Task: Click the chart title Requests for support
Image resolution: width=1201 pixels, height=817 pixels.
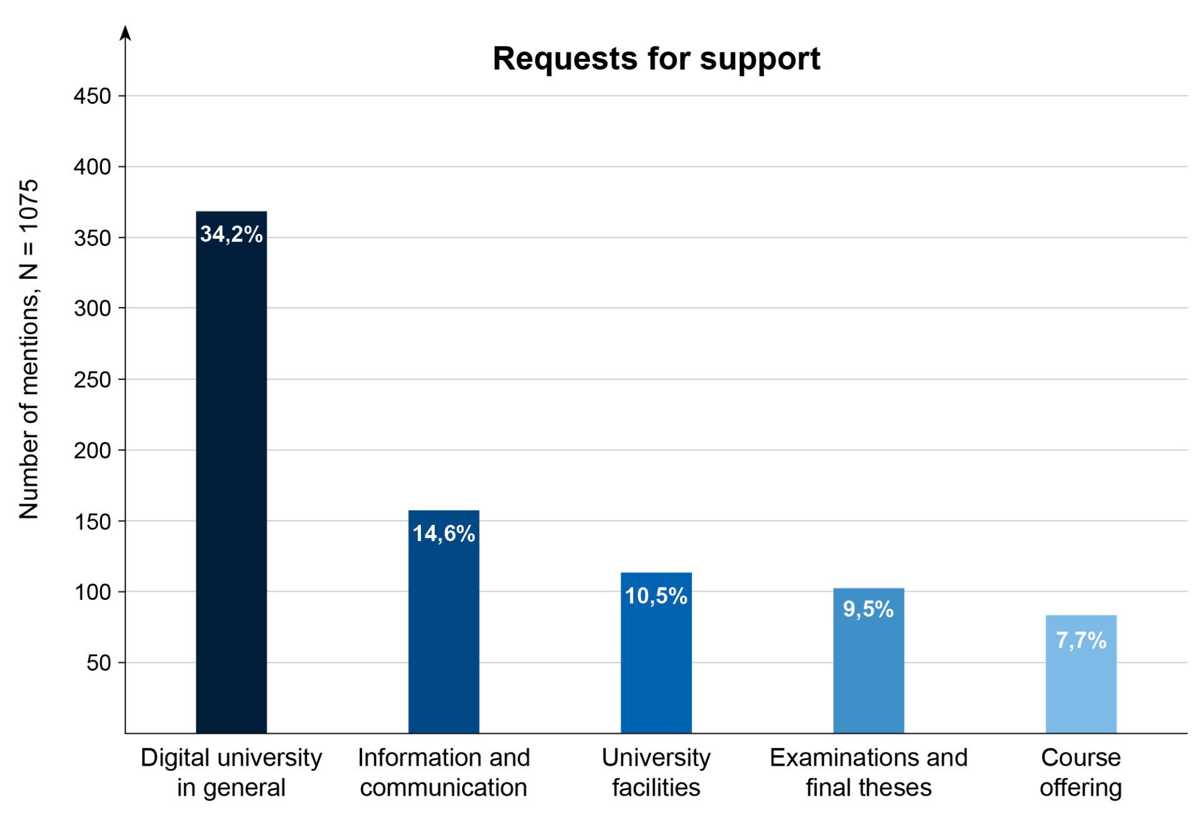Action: click(x=656, y=59)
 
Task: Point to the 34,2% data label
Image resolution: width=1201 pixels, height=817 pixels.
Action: click(x=231, y=234)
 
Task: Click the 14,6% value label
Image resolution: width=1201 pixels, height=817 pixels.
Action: click(x=443, y=534)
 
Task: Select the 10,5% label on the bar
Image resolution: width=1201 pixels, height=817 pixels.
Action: click(x=656, y=596)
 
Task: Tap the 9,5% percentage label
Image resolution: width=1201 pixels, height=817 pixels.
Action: click(x=868, y=609)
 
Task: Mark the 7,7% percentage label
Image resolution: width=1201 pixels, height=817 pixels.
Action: click(x=1080, y=641)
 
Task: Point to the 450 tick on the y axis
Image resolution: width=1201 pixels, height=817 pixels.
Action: click(x=92, y=96)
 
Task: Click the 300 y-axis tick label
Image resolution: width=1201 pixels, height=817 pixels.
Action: click(x=92, y=308)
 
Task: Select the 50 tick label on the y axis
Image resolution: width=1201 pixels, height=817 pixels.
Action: click(x=98, y=662)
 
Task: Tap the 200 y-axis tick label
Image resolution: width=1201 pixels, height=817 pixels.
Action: click(x=92, y=450)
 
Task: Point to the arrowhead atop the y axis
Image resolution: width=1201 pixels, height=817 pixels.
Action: click(x=125, y=33)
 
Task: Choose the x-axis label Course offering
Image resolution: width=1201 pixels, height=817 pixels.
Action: click(x=1080, y=772)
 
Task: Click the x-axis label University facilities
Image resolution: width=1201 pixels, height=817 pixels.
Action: click(x=656, y=772)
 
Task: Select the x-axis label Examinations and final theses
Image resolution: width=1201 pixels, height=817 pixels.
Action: click(x=868, y=772)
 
